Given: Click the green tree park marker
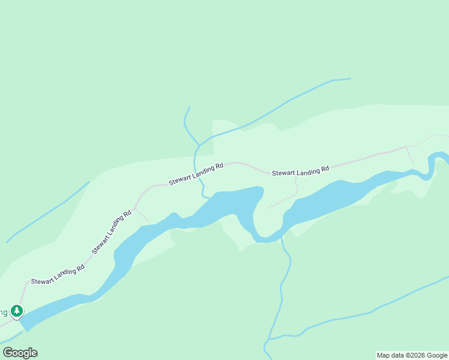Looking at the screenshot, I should tap(17, 311).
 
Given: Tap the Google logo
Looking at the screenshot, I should tap(20, 353).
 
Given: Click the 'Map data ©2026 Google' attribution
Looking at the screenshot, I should tap(412, 355).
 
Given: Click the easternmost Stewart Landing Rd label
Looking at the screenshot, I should tap(300, 172).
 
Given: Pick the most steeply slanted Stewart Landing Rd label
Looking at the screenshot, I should tap(111, 232).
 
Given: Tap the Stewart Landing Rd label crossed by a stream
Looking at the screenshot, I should tap(196, 173).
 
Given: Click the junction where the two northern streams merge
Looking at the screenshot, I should tap(197, 146).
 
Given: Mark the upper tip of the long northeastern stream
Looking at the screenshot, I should tap(350, 79).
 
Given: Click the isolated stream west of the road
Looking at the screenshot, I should tap(48, 212).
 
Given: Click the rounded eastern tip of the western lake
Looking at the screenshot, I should tap(259, 192).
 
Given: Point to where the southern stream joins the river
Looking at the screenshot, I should tap(281, 238).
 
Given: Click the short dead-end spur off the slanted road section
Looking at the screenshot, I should tap(142, 215).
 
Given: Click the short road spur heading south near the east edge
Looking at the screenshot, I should tap(410, 155).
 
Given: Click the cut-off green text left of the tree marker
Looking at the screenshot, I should tap(4, 311).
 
